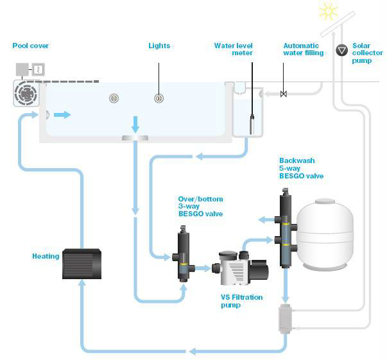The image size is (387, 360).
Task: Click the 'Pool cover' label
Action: [30, 46]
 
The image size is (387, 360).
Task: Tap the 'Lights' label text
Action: [159, 46]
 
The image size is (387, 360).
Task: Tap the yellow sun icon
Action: [328, 11]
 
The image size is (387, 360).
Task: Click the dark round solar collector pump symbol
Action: [341, 49]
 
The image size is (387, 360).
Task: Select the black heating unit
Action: [82, 263]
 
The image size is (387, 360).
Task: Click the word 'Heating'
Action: [46, 256]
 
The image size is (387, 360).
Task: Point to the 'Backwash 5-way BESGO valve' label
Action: [301, 168]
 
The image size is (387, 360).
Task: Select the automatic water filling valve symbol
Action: [284, 94]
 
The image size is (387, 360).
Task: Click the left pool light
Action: [114, 98]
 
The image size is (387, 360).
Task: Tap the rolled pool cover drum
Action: [26, 94]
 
